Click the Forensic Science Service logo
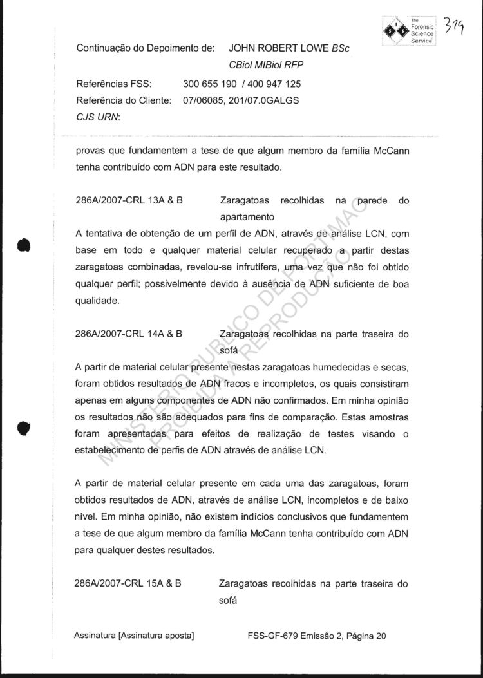tap(410, 30)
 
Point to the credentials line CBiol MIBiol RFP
tap(266, 65)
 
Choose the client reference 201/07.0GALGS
tap(267, 100)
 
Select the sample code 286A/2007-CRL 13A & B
tap(129, 200)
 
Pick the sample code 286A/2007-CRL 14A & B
tap(129, 334)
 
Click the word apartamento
tap(248, 217)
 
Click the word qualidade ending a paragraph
tap(97, 300)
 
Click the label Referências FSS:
tap(113, 84)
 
